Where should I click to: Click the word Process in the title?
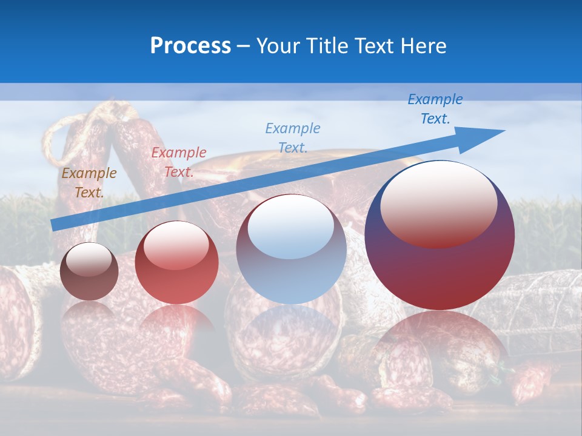click(190, 46)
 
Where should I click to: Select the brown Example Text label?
click(89, 182)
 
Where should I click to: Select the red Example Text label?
click(178, 162)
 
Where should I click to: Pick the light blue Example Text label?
click(292, 137)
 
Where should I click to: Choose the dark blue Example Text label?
click(435, 109)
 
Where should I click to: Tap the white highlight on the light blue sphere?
click(290, 226)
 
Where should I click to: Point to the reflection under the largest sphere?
click(440, 345)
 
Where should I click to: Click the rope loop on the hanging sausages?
click(67, 130)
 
